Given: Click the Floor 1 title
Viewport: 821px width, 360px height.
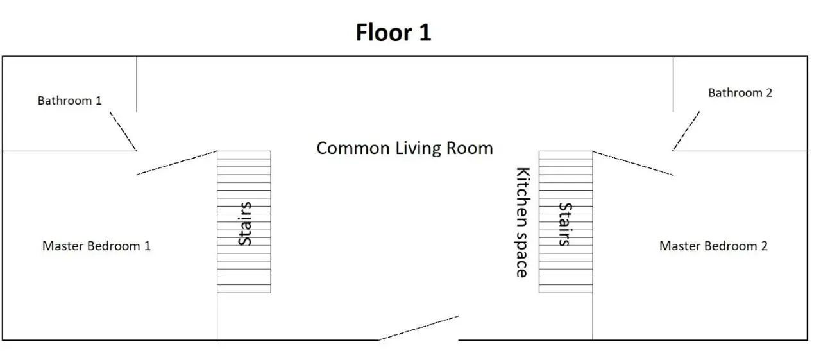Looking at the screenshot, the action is point(393,32).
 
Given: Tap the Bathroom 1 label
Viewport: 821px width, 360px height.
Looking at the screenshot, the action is point(70,101).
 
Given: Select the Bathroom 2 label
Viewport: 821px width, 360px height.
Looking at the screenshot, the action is point(740,93).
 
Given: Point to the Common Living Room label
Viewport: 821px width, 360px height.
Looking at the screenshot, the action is point(405,148).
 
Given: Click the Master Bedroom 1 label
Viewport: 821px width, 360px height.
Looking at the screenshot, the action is point(96,246).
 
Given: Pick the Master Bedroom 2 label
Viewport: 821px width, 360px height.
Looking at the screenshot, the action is point(713,246).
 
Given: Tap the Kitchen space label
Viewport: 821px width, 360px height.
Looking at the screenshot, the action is point(523,223).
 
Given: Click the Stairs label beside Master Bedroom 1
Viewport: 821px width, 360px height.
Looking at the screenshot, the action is point(244,223).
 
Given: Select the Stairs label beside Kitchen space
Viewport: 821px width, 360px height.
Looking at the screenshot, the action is point(565,224).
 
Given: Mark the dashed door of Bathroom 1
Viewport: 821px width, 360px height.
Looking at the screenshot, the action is point(123,132).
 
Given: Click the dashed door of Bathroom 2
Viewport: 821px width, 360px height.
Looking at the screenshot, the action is point(686,132).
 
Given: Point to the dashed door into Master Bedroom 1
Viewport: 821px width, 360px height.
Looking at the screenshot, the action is point(176,163).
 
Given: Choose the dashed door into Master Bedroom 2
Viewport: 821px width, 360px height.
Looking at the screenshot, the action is point(633,163).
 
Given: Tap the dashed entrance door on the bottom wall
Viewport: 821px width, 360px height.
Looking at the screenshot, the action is point(419,328).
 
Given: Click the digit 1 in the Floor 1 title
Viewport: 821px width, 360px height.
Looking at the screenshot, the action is point(425,32).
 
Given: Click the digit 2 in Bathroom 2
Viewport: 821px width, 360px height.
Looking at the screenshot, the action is point(769,93).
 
